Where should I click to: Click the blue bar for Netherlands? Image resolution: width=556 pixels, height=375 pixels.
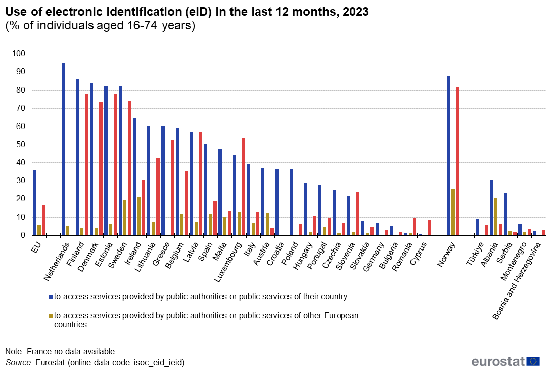coord(63,149)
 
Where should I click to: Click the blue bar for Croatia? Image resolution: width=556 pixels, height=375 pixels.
coord(277,202)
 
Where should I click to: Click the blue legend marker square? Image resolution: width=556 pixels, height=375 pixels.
coord(50,296)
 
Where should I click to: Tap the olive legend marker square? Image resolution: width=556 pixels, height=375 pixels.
coord(50,316)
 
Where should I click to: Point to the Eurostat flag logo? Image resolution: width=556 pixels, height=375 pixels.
coord(533,361)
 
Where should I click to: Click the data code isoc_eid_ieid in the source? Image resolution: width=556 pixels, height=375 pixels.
coord(158,362)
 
